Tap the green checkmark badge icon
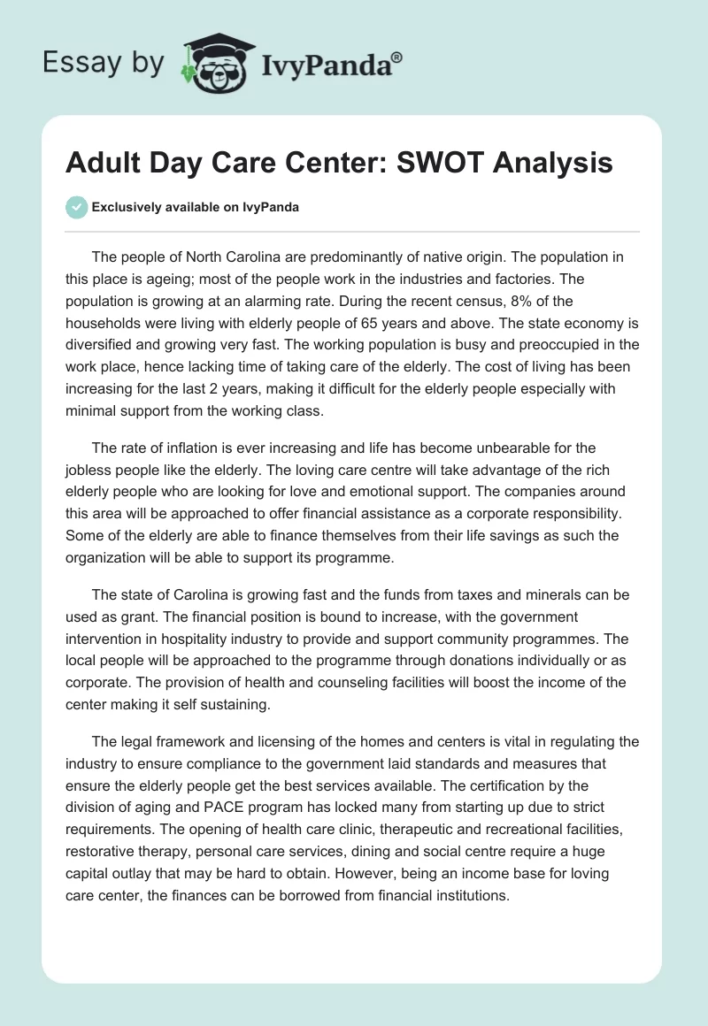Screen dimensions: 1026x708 (77, 207)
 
